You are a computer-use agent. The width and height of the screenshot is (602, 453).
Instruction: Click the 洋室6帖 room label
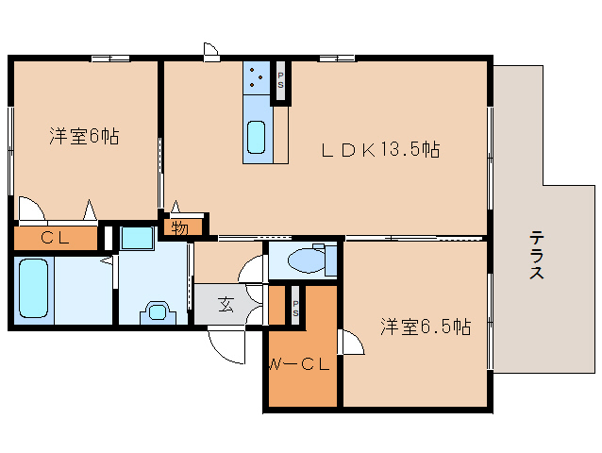(x=84, y=136)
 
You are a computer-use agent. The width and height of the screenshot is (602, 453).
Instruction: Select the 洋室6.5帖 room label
(x=426, y=327)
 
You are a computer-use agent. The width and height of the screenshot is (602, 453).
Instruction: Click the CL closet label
(x=54, y=238)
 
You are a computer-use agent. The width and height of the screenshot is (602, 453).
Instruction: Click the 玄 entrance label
(x=227, y=304)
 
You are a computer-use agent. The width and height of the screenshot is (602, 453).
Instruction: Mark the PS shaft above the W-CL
(x=295, y=307)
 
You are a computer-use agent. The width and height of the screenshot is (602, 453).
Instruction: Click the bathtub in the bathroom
(x=33, y=289)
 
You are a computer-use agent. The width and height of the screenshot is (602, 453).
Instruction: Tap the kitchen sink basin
(x=257, y=138)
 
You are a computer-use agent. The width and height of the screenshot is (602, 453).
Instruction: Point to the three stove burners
(x=257, y=77)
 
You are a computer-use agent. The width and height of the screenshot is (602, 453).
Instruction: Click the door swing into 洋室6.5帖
(x=351, y=343)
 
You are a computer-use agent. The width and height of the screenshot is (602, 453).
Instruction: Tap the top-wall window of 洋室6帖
(x=110, y=59)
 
